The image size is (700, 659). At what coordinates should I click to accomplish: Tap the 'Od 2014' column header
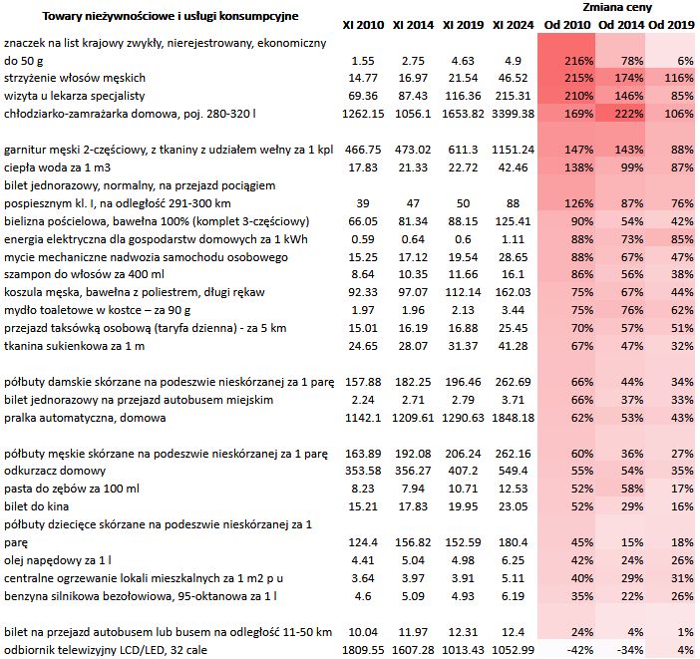pyautogui.click(x=619, y=23)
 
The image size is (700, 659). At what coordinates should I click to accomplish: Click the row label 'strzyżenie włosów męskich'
pyautogui.click(x=75, y=78)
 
